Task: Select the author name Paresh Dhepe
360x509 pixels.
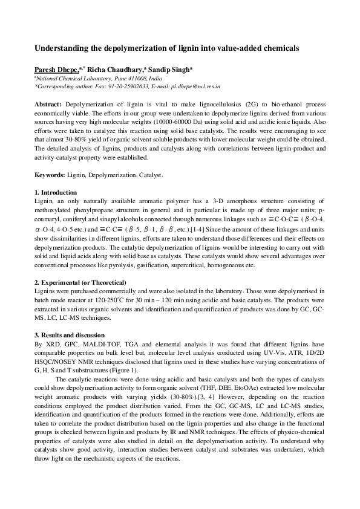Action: pos(56,70)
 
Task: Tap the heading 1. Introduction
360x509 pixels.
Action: pos(56,192)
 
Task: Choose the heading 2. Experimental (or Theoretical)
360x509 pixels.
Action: pos(80,282)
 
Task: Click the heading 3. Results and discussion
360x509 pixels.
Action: pos(69,335)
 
